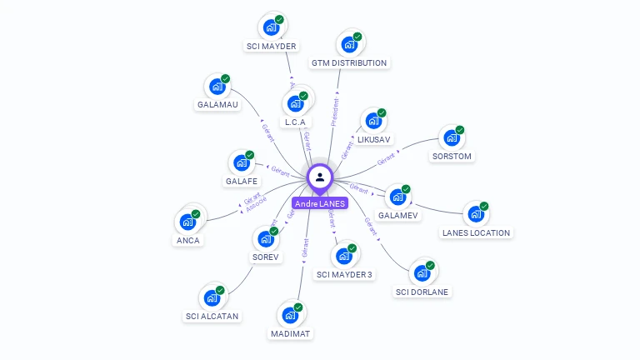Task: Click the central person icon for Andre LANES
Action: pyautogui.click(x=320, y=177)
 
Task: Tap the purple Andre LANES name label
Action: pyautogui.click(x=319, y=203)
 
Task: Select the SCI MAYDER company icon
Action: pyautogui.click(x=271, y=27)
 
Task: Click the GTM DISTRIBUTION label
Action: pyautogui.click(x=349, y=63)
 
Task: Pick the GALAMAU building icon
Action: pyautogui.click(x=217, y=87)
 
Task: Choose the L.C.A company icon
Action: pyautogui.click(x=295, y=103)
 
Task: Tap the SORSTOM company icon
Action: pyautogui.click(x=452, y=138)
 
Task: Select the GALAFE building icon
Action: pyautogui.click(x=242, y=163)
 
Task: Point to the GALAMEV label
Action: pyautogui.click(x=398, y=215)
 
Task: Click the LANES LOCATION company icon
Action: pyautogui.click(x=476, y=215)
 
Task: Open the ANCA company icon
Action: pyautogui.click(x=187, y=222)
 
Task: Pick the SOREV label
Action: pyautogui.click(x=266, y=257)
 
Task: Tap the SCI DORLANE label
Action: pyautogui.click(x=422, y=292)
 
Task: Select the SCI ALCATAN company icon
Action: pyautogui.click(x=212, y=297)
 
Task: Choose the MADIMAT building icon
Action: pyautogui.click(x=290, y=316)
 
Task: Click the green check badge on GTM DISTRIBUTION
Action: pyautogui.click(x=357, y=37)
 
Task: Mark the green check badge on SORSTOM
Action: pyautogui.click(x=459, y=130)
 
